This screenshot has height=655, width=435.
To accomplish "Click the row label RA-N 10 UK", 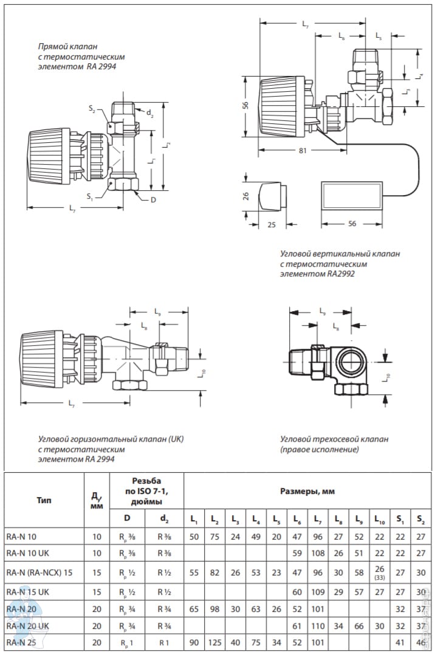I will (x=29, y=553).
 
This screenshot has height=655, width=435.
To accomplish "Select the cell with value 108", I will (x=318, y=553).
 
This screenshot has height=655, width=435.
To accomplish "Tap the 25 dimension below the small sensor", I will (x=272, y=224).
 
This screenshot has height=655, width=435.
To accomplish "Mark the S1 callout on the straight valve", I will (x=91, y=196).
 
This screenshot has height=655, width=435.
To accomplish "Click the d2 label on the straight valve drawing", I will (x=150, y=114).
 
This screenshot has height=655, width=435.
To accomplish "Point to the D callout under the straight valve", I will (x=152, y=199).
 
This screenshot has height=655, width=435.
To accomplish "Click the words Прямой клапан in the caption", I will (x=67, y=46).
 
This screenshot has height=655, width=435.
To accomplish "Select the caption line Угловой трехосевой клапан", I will (x=334, y=439).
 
